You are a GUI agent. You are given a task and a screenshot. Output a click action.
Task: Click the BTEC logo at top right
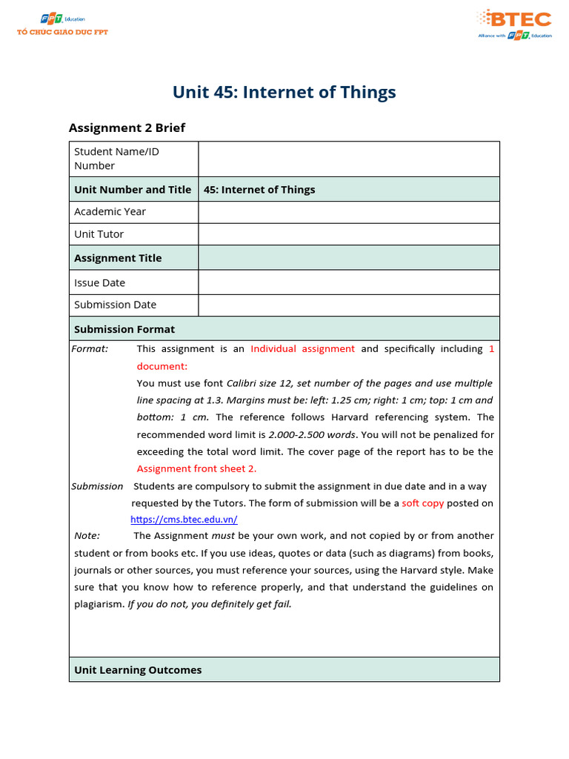pyautogui.click(x=514, y=24)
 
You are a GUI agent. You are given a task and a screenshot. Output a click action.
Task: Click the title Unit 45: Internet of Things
pyautogui.click(x=284, y=92)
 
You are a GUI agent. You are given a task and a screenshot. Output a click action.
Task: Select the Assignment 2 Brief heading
pyautogui.click(x=127, y=127)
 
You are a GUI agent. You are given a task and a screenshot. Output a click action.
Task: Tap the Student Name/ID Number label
pyautogui.click(x=116, y=159)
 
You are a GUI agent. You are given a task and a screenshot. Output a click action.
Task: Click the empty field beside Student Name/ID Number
pyautogui.click(x=348, y=159)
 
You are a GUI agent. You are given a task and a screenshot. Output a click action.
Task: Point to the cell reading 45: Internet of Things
pyautogui.click(x=259, y=190)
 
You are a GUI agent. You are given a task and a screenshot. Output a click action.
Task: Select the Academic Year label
pyautogui.click(x=110, y=212)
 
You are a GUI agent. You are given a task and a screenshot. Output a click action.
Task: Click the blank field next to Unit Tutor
pyautogui.click(x=348, y=234)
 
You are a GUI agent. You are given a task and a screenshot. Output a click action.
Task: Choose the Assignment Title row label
pyautogui.click(x=118, y=258)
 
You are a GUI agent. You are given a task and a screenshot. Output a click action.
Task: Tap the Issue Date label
pyautogui.click(x=99, y=282)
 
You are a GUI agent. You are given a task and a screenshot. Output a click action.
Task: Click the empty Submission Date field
pyautogui.click(x=348, y=305)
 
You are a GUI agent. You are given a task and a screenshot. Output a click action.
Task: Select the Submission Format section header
pyautogui.click(x=124, y=329)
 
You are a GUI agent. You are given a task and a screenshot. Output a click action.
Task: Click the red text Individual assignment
pyautogui.click(x=302, y=349)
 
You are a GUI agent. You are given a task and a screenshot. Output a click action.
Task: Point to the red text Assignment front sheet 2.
pyautogui.click(x=196, y=468)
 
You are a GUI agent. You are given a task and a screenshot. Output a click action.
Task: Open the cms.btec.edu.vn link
pyautogui.click(x=184, y=520)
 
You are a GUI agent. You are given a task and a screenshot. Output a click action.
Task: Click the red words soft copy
pyautogui.click(x=423, y=503)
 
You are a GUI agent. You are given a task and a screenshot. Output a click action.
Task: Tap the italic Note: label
pyautogui.click(x=87, y=536)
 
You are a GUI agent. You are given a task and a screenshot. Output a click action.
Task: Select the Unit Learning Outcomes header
pyautogui.click(x=138, y=670)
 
